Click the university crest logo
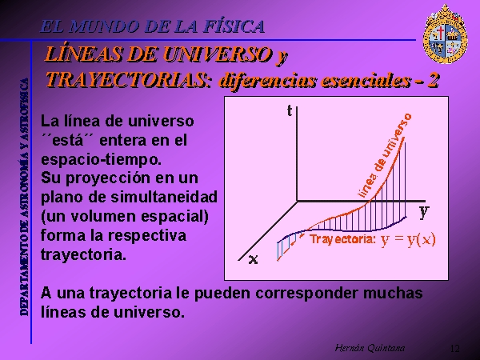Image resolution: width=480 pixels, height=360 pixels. coord(445,34)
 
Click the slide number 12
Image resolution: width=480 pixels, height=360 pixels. coord(455,348)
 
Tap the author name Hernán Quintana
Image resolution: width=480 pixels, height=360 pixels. coord(370,348)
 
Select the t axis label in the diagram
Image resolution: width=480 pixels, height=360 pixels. coord(290,110)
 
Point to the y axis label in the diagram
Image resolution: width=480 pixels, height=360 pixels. coord(424,212)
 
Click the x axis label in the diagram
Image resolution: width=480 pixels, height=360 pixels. coord(254,259)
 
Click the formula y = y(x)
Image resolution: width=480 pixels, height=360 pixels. coord(408,240)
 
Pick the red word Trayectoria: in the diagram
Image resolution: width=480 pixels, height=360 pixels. coord(342,239)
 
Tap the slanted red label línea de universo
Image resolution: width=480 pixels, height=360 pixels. coord(385,155)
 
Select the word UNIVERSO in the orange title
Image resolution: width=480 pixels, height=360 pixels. coord(217,54)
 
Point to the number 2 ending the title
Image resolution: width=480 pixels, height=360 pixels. coord(433,81)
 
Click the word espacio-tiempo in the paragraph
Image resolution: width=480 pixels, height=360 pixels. coord(101,159)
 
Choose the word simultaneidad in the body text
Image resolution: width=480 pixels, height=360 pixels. coord(164,197)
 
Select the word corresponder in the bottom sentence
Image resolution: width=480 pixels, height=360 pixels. coord(306,294)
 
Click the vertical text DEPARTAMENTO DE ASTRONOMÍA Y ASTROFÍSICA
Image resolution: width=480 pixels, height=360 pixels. coord(24,197)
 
